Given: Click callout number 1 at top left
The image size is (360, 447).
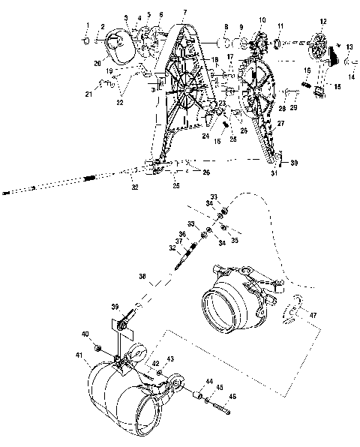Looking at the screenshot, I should [x=86, y=26].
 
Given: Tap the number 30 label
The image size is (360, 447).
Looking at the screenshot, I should [x=294, y=163].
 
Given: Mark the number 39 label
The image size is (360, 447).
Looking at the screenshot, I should [x=115, y=307].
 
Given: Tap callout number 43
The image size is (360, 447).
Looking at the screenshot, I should [x=171, y=360].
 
